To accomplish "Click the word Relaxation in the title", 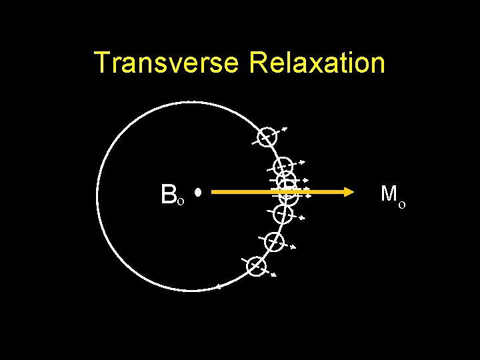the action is pos(317,63).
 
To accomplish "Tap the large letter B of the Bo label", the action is pos(168,194).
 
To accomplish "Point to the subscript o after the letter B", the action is pos(181,201).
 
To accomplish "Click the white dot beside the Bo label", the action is pos(198,193).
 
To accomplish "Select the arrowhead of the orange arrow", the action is pos(347,192).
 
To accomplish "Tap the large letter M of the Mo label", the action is pos(389,194).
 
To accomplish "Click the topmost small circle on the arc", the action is pos(267,137).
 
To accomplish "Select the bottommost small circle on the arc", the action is pos(256,267).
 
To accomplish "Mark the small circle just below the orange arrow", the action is pos(283,214).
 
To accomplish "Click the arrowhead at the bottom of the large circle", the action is pos(217,287).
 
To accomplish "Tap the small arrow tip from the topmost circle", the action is pos(285,127).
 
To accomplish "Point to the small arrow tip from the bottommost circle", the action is pos(274,275).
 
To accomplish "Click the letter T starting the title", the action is pos(102,63).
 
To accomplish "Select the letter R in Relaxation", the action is pos(257,63).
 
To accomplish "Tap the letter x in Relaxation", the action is pos(311,65).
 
